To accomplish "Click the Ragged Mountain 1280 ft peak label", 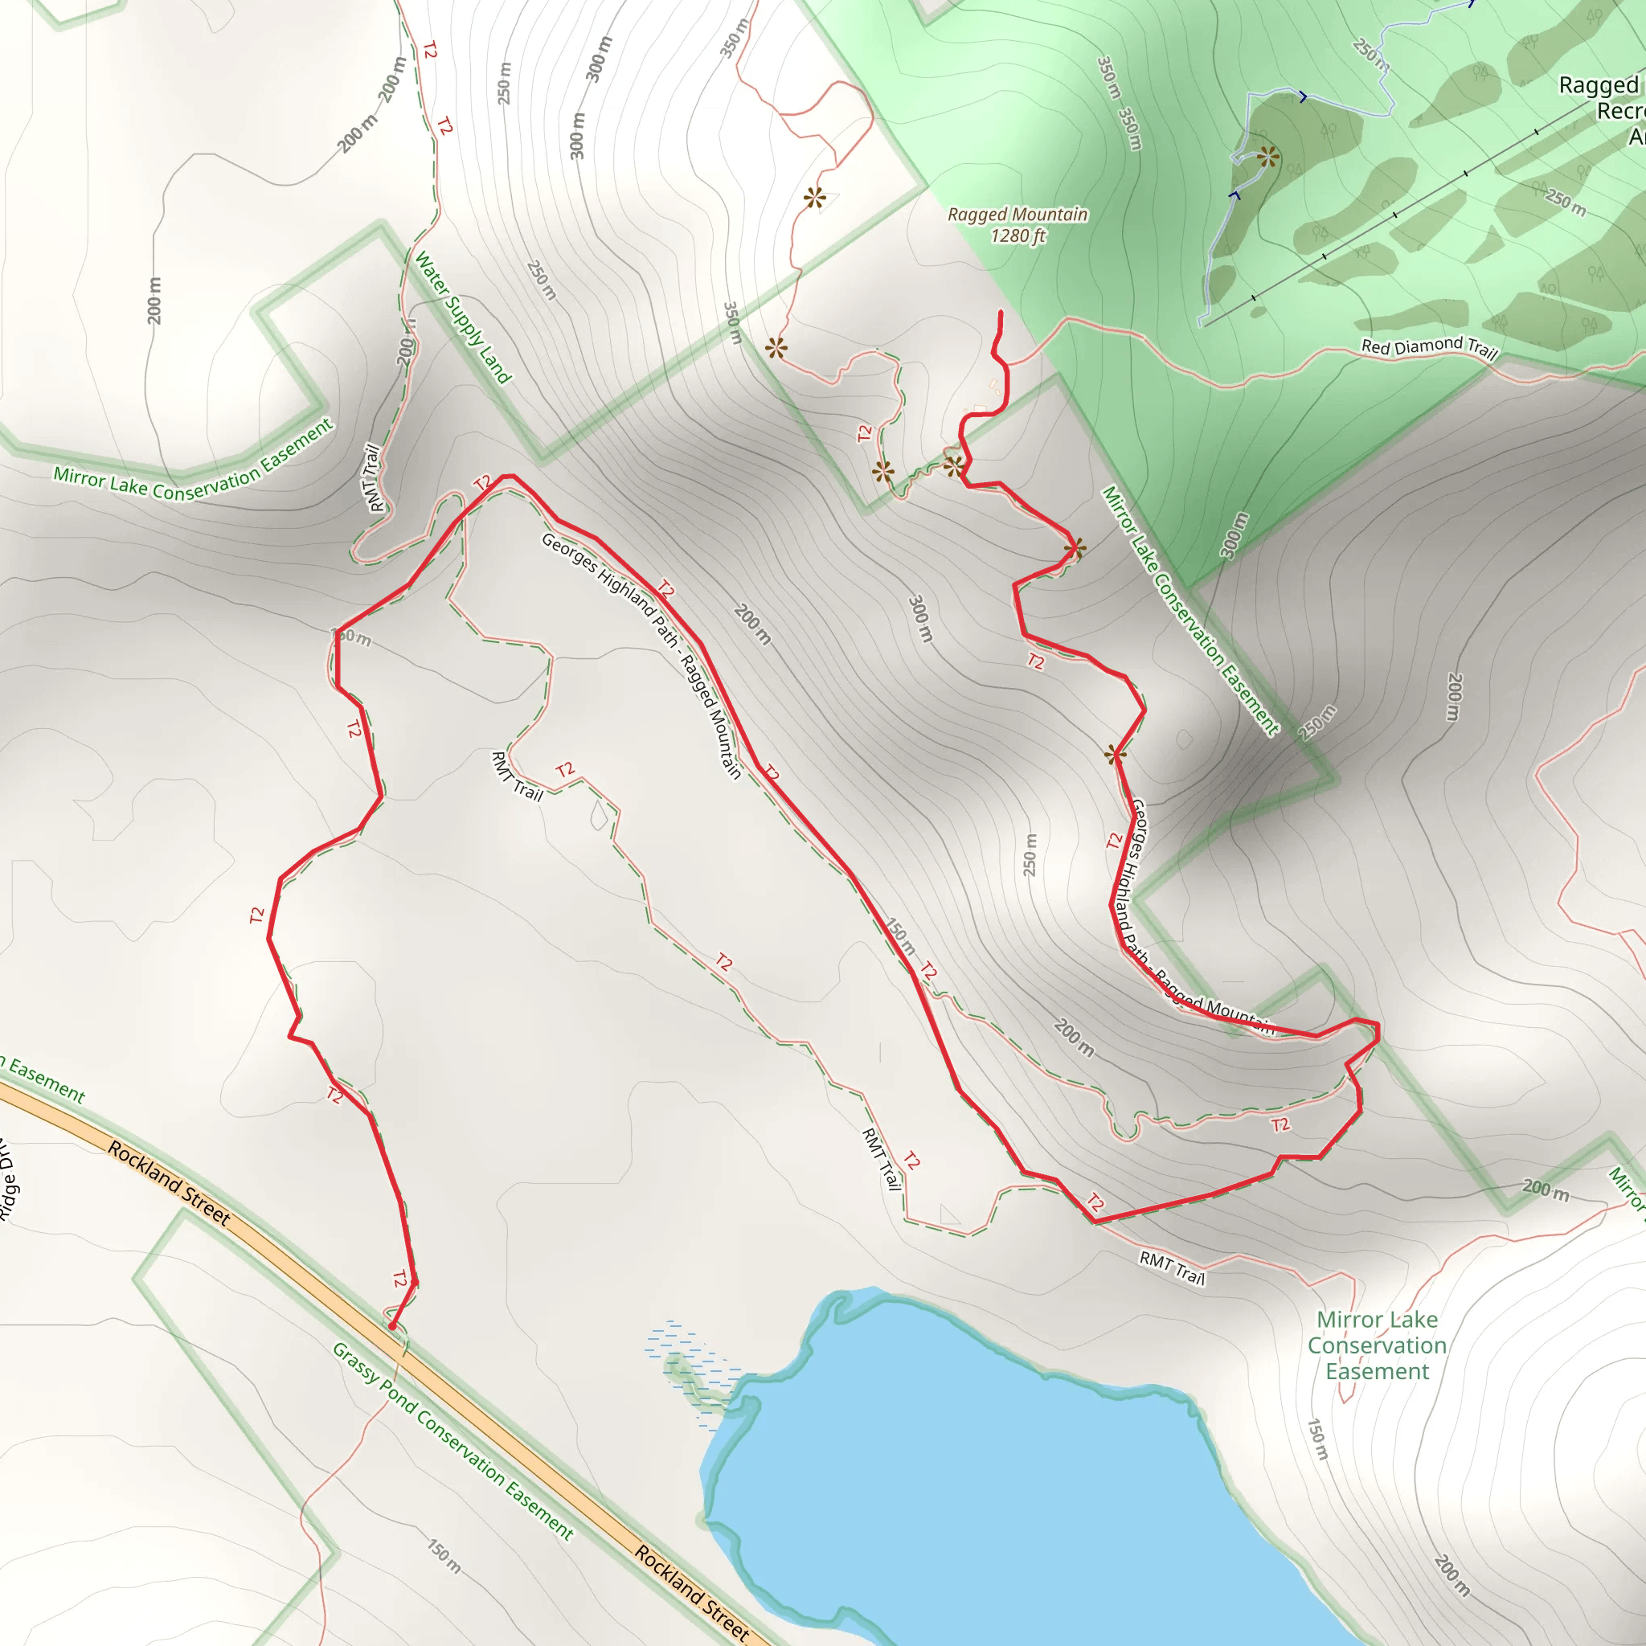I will coord(1017,225).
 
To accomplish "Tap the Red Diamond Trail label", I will coord(1429,346).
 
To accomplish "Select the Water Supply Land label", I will coord(463,317).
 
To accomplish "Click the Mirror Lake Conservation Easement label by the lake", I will coord(1377,1345).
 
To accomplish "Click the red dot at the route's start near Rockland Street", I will coord(392,1326).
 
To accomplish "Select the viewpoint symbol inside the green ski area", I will coord(1267,157).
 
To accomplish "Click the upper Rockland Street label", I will coord(169,1183).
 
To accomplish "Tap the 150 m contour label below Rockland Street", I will coord(444,1557).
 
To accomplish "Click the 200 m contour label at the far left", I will coord(154,300).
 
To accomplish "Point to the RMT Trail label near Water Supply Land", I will coord(373,478).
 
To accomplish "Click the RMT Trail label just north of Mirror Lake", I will coord(1173,1267).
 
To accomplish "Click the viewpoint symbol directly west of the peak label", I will coord(814,199).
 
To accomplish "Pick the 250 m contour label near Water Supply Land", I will coord(542,280).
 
